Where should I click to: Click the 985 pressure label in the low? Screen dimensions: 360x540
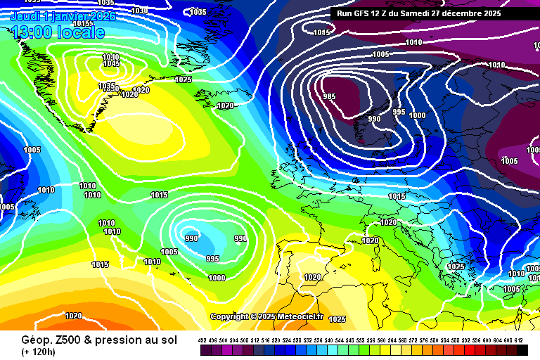point(329,97)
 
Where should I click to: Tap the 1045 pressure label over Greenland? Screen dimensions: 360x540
point(111,64)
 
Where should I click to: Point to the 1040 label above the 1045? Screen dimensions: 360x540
point(110,58)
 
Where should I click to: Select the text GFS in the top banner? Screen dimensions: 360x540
point(364,13)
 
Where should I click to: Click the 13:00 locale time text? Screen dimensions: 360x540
point(58,32)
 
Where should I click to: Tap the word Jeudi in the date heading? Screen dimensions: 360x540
point(25,15)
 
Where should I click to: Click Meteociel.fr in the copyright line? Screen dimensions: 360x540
point(299,317)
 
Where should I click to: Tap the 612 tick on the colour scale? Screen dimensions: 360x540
point(519,341)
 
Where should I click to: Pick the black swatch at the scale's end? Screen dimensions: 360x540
point(522,350)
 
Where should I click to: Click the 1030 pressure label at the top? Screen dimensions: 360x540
point(140,11)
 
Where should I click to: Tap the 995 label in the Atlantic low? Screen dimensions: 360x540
point(213,259)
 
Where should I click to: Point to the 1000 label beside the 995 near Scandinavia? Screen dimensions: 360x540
point(417,115)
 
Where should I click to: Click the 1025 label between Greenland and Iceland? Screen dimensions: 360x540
point(184,79)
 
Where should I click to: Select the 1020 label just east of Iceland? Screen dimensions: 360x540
point(225,106)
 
